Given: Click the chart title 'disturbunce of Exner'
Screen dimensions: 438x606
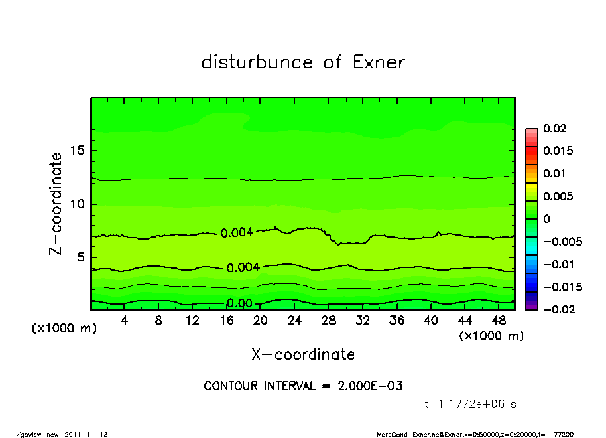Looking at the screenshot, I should click(303, 62).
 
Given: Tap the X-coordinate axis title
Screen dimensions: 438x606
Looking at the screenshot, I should click(303, 354).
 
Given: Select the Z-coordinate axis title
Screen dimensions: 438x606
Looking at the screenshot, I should click(56, 204).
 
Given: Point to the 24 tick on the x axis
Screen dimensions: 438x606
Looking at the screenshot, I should click(294, 320).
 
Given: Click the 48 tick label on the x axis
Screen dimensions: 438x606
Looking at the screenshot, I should click(498, 320).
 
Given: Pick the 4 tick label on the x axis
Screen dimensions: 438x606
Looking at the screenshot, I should click(125, 320).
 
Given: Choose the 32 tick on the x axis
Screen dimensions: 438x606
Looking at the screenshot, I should click(363, 320).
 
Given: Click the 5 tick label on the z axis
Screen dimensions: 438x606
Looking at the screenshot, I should click(80, 257).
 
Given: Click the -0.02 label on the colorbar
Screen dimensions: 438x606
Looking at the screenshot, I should click(556, 309).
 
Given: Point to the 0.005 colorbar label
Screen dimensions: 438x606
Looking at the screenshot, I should click(558, 196).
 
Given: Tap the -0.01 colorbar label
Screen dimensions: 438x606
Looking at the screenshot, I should click(556, 264).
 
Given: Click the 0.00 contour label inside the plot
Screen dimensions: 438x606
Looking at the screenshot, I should click(239, 304).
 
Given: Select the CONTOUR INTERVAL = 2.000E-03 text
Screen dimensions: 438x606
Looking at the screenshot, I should click(303, 386).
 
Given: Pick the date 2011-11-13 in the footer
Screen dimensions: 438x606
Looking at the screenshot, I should click(86, 434).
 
